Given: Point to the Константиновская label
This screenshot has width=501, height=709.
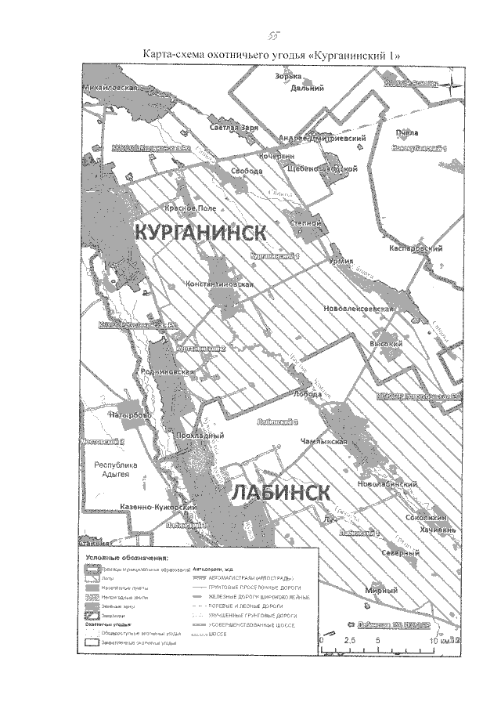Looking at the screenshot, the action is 219,284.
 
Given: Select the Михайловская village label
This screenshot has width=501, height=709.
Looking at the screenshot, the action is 110,89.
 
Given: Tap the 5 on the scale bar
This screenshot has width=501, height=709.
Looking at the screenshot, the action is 379,639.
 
